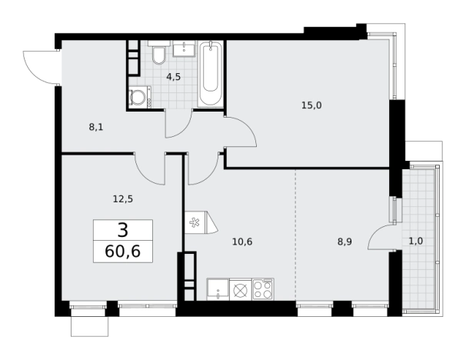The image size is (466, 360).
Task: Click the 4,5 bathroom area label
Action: pos(174,77)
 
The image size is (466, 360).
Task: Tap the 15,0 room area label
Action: pos(311,105)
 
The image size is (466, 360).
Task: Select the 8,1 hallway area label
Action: pos(96,127)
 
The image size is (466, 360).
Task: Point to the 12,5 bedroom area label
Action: pos(123,199)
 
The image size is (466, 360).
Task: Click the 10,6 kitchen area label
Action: pos(242,242)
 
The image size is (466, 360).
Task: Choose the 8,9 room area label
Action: pos(345,242)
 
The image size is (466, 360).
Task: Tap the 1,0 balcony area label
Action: pos(416,241)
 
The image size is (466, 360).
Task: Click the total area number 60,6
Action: pos(123,252)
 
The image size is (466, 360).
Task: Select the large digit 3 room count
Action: pos(123,230)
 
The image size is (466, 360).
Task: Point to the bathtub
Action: pos(211,74)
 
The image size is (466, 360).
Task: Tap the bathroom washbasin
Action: pos(184,48)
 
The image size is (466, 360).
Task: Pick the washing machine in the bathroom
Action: pos(140,97)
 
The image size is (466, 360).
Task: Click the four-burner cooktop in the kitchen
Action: pos(263,289)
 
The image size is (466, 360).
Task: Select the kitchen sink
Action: pos(218,289)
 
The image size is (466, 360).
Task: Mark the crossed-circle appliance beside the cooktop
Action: pos(241,290)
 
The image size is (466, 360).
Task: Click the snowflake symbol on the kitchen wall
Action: pos(195,222)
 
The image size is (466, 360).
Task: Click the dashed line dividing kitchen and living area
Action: pos(296,235)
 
